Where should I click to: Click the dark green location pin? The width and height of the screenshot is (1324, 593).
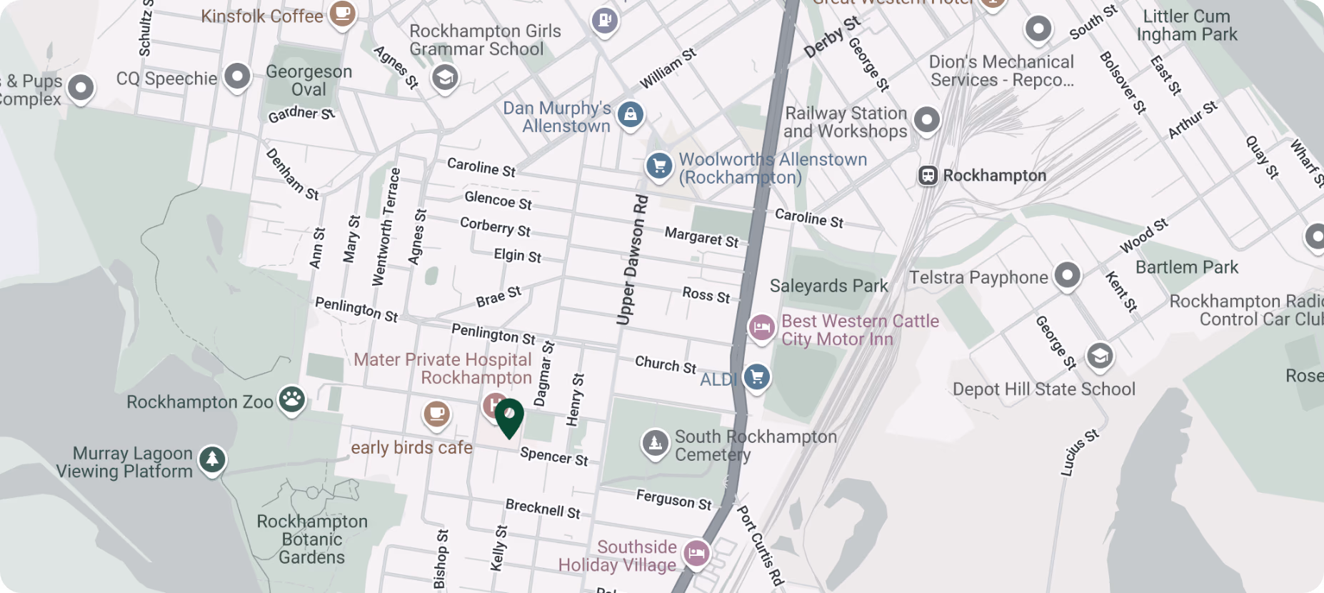coord(509,417)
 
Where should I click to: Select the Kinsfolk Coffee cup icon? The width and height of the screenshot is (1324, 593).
coord(342,13)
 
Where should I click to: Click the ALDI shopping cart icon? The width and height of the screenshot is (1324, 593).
coord(757,376)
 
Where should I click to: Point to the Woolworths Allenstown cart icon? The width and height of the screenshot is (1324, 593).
coord(658,166)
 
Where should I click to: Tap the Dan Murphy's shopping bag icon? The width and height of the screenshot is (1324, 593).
coord(630,114)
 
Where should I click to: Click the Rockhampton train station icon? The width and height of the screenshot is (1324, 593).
coord(928,176)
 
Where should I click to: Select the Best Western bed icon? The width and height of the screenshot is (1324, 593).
coord(761,328)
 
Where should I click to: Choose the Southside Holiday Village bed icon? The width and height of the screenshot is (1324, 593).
coord(696,552)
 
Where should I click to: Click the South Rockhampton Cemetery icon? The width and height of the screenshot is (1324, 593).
coord(655,443)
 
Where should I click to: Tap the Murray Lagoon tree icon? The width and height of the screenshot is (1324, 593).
coord(211,459)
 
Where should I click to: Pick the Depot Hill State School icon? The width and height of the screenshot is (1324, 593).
coord(1100,355)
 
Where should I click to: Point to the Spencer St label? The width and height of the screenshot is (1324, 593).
coord(554,456)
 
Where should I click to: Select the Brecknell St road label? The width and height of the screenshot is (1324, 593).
coord(543,509)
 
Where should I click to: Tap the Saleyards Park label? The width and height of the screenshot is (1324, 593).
coord(828,286)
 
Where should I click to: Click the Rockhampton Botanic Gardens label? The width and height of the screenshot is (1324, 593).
coord(312,539)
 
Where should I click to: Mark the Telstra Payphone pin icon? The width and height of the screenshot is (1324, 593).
coord(1067,275)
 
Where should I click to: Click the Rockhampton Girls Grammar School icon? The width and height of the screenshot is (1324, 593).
coord(445,77)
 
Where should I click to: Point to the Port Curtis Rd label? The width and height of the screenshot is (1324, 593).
coord(761,546)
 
